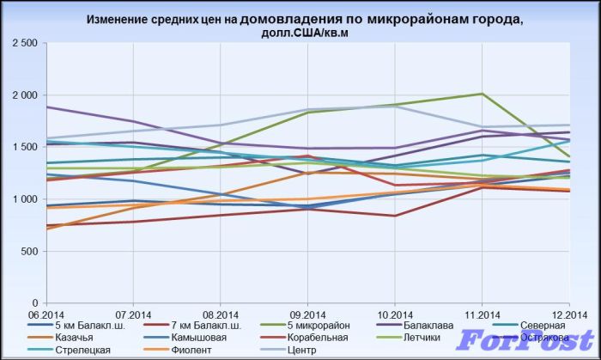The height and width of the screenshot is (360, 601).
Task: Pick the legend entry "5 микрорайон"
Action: [314, 326]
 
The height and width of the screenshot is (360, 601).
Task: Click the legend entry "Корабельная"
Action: [313, 339]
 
